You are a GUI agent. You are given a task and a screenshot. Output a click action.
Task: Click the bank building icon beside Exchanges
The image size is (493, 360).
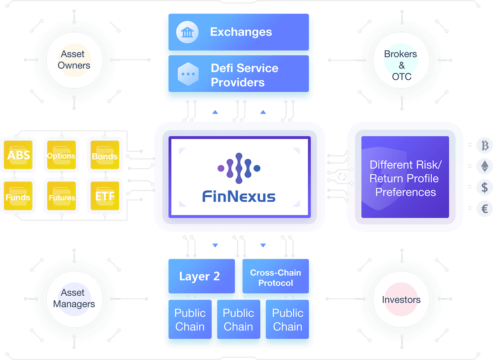(x=187, y=32)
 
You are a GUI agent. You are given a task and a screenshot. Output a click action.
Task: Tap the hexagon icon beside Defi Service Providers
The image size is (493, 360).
(x=188, y=74)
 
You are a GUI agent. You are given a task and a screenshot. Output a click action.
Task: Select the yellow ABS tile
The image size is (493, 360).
(x=18, y=155)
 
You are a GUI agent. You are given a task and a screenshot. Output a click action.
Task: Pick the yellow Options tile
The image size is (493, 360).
(x=61, y=155)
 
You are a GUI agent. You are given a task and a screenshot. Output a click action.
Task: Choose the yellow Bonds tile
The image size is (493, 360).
(x=105, y=155)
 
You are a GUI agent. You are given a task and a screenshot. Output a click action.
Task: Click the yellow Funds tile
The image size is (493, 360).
(x=18, y=196)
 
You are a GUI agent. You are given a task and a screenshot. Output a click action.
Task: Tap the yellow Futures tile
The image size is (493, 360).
(x=61, y=196)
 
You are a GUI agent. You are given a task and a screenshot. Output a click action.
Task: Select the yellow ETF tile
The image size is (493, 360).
(x=105, y=196)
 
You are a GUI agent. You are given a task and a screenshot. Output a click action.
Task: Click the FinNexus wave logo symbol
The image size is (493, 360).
(x=239, y=168)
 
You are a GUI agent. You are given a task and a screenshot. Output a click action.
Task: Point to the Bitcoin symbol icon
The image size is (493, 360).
(x=485, y=146)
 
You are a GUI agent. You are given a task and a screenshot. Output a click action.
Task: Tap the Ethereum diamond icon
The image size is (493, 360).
(x=485, y=166)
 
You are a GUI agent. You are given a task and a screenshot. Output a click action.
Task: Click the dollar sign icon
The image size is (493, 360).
(x=485, y=187)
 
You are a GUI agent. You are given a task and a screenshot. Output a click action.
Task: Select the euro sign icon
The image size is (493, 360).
(x=485, y=208)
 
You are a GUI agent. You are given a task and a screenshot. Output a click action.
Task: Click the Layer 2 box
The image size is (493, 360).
(x=202, y=276)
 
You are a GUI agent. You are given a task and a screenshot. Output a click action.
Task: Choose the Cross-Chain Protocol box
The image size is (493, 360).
(x=276, y=276)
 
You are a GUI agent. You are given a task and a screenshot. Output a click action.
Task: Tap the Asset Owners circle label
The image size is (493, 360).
(x=74, y=60)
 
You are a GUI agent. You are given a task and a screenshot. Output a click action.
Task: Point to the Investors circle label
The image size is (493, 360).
(x=401, y=299)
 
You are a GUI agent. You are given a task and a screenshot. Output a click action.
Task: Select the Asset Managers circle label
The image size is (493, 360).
(x=74, y=298)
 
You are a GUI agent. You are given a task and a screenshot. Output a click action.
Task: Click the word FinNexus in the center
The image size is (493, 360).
(x=239, y=196)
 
